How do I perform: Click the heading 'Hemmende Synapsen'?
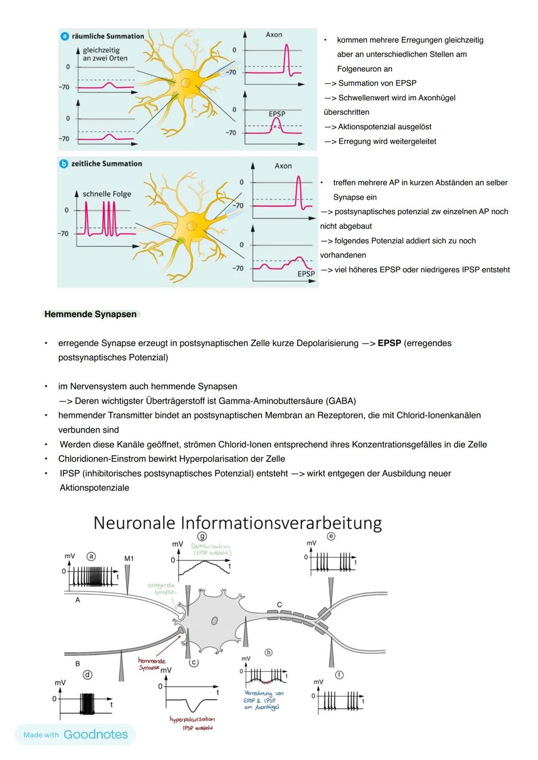point(90,314)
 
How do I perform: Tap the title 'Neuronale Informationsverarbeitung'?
point(237,523)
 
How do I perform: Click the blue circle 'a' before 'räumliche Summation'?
point(65,36)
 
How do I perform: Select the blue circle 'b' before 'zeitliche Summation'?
point(64,164)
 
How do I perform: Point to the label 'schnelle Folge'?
point(107,194)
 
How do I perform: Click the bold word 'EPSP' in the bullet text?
point(389,343)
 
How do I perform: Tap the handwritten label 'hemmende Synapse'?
point(151,663)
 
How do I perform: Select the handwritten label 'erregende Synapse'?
point(162,588)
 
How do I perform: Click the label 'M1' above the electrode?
point(129,558)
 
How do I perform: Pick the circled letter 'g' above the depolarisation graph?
point(202,536)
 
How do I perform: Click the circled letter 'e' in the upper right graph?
point(331,536)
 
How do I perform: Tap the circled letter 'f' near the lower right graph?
point(339,675)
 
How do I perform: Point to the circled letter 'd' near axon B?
point(88,675)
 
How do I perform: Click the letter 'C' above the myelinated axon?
point(279,604)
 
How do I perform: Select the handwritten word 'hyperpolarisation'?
point(192,719)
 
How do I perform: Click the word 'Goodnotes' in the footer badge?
point(96,734)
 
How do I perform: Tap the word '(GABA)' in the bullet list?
point(341,401)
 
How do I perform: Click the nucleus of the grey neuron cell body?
point(214,621)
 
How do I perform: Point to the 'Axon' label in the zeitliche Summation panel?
point(283,166)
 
